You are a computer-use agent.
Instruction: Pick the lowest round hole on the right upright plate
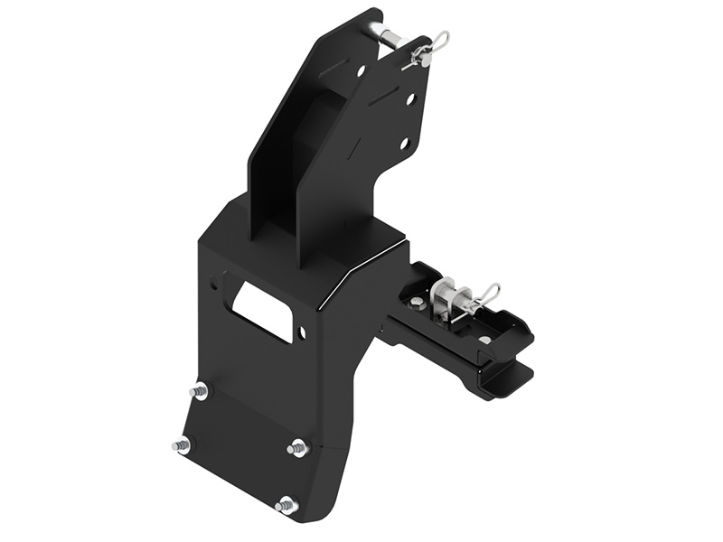pyautogui.click(x=406, y=143)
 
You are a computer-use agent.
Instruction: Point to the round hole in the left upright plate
pyautogui.click(x=361, y=70)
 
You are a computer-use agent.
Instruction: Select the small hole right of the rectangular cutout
pyautogui.click(x=302, y=333)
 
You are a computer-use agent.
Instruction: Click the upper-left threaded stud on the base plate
pyautogui.click(x=198, y=391)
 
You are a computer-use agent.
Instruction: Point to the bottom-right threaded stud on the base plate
pyautogui.click(x=286, y=505)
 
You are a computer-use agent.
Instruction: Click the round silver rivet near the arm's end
pyautogui.click(x=485, y=340)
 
